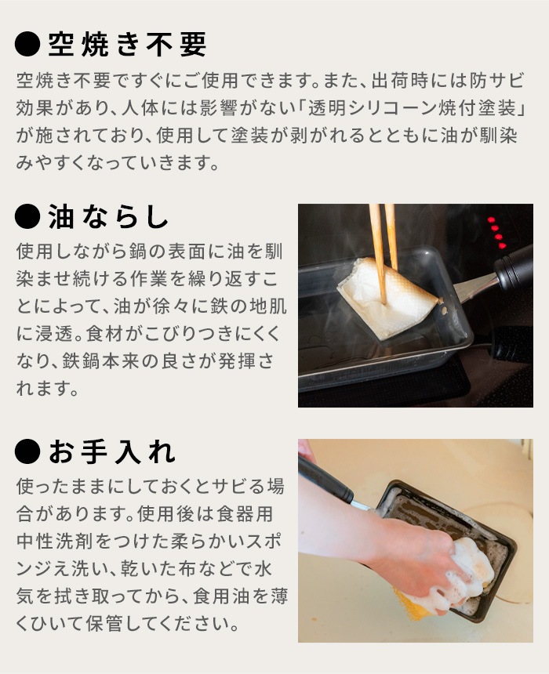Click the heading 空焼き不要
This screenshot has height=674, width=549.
point(127,45)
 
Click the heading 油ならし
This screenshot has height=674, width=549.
point(108,217)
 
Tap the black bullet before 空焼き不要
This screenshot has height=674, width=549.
point(27,45)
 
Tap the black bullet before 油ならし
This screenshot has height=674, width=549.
point(27,217)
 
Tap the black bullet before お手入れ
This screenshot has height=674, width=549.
point(27,452)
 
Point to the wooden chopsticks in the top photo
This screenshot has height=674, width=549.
point(383,243)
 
